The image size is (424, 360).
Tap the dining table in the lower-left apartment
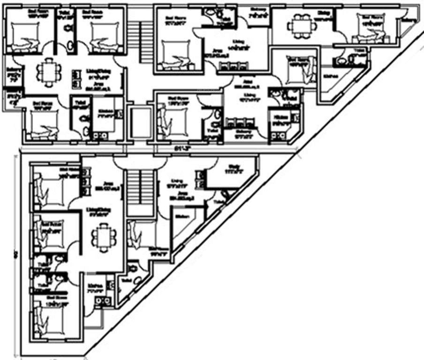[103, 237]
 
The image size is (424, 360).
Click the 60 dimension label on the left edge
[15, 254]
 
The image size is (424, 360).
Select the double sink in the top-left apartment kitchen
[98, 135]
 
